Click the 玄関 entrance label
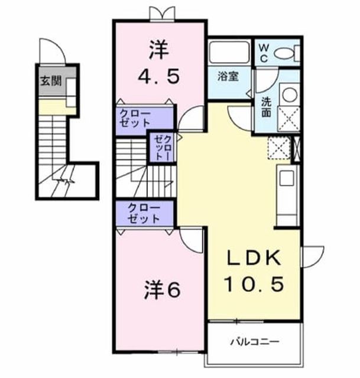pos(50,81)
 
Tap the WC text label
pos(264,53)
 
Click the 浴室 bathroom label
pos(228,76)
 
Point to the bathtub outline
pos(229,52)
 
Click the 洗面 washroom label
pos(267,107)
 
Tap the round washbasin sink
pos(290,93)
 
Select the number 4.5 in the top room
pos(159,76)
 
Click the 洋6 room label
pos(162,291)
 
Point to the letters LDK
pos(254,258)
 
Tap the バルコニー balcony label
pos(255,341)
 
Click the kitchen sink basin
pos(287,178)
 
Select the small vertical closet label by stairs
pos(163,148)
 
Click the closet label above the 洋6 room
pos(144,213)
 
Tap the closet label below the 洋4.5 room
pos(135,118)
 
